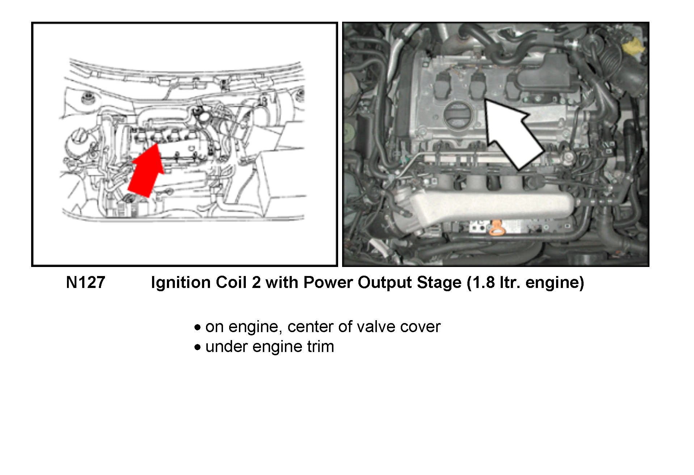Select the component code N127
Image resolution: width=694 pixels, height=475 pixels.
85,283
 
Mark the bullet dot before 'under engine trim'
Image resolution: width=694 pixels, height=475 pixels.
197,347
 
